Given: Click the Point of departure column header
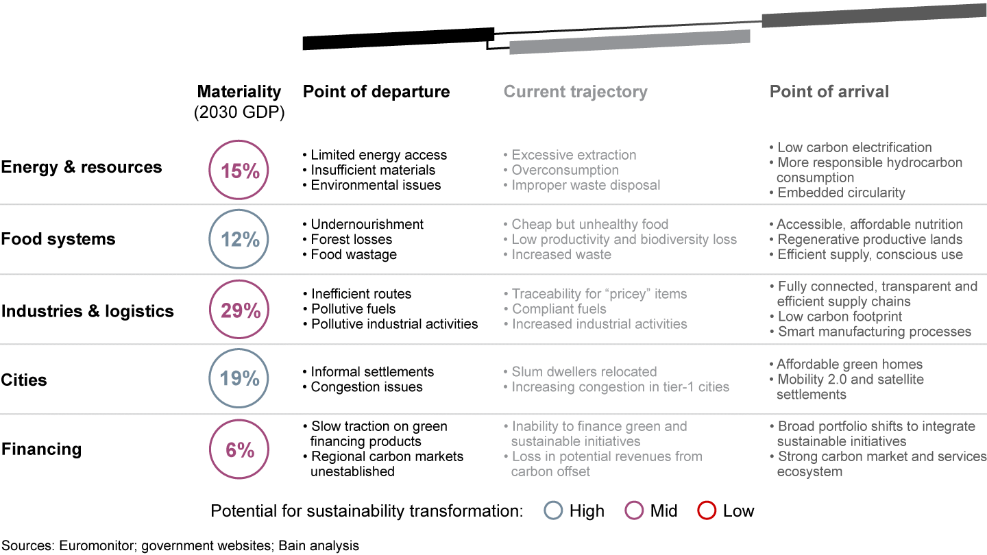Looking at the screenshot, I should click(376, 92).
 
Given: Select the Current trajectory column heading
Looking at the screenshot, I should click(575, 92).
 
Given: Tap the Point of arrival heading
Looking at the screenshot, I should click(829, 92).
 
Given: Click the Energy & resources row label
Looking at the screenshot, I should click(82, 167).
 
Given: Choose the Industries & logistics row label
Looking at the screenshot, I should click(88, 311).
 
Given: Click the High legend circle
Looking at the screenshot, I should click(554, 510).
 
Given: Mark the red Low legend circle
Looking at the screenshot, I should click(707, 510).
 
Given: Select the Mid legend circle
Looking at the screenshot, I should click(635, 510).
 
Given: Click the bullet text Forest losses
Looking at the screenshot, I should click(351, 239).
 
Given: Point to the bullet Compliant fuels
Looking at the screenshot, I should click(559, 309).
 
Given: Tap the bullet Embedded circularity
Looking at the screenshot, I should click(840, 193).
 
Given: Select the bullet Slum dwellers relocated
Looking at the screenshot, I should click(584, 371).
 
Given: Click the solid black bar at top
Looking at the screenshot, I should click(398, 38).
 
